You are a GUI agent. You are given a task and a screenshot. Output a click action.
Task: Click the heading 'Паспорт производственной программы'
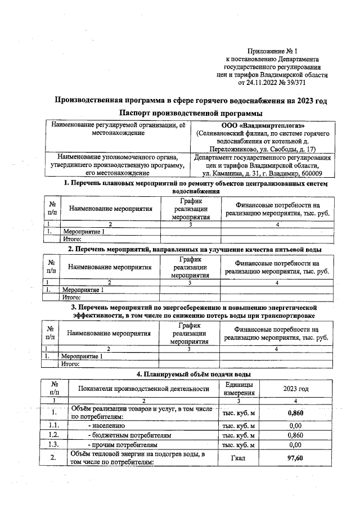click(191, 114)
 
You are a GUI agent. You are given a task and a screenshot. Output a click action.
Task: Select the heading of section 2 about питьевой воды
click(195, 249)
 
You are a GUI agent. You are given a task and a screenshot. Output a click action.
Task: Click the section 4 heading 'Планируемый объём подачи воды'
click(194, 373)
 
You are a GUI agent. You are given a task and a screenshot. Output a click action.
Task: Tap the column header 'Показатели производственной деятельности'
click(143, 388)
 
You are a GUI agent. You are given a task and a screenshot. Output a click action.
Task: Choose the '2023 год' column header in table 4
click(295, 388)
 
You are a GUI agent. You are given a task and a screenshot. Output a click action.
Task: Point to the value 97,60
click(295, 458)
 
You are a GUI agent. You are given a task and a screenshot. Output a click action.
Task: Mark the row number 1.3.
click(54, 445)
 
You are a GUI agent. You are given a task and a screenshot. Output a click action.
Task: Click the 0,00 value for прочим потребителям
click(295, 445)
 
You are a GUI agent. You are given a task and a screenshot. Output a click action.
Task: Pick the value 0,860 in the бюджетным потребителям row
click(295, 435)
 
